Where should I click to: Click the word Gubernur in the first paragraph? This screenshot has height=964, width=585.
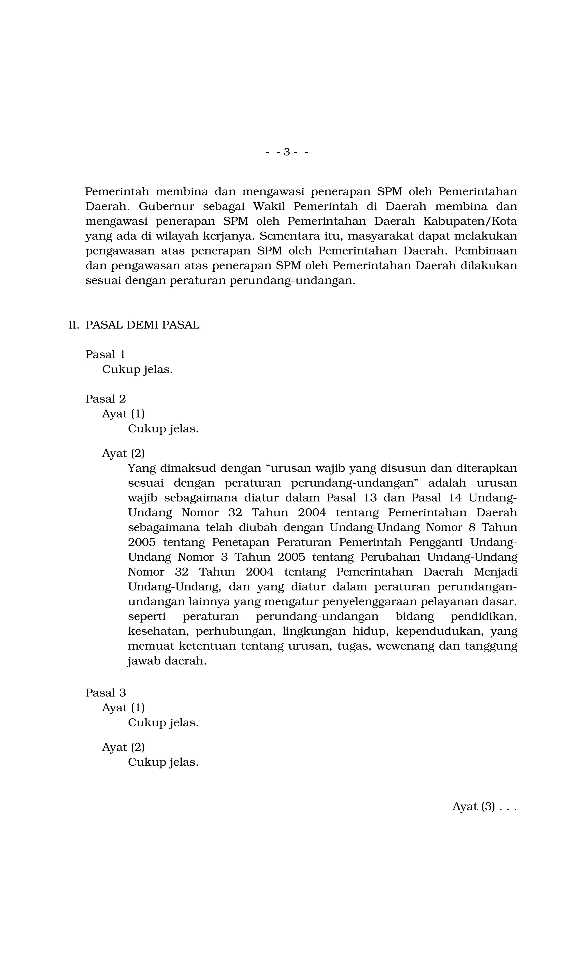[x=166, y=206]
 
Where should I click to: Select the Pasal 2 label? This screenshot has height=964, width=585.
[x=106, y=399]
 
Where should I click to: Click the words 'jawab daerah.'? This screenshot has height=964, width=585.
[x=167, y=661]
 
